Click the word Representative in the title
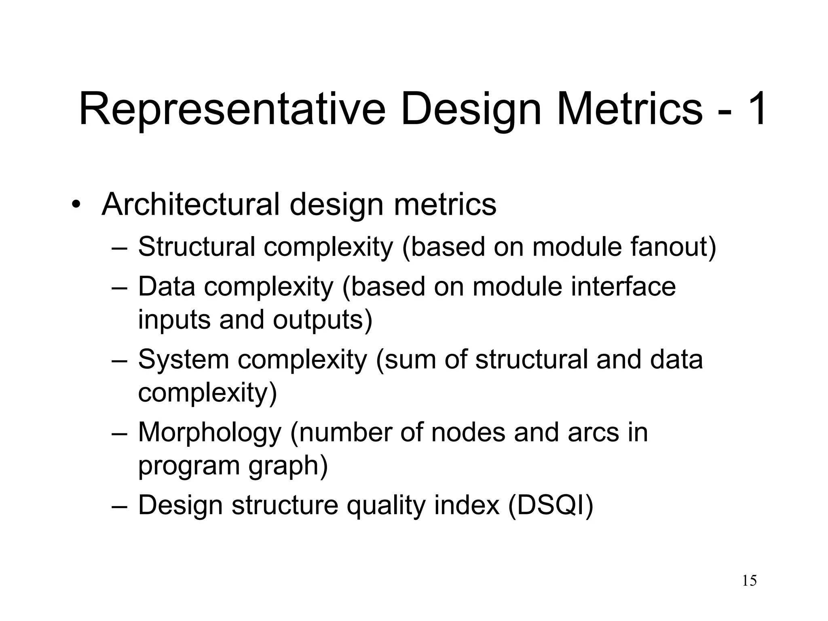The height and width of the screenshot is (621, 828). [x=232, y=110]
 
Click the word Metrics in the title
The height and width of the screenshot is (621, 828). [x=630, y=110]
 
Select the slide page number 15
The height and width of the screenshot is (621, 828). [x=749, y=581]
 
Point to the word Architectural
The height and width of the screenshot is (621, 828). [x=190, y=205]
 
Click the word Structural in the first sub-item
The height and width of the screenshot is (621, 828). [x=196, y=247]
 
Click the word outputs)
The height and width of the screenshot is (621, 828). [x=322, y=320]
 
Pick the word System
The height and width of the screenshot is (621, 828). [x=184, y=359]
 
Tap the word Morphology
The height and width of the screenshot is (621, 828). [x=209, y=432]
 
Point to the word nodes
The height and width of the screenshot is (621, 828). [x=468, y=432]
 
